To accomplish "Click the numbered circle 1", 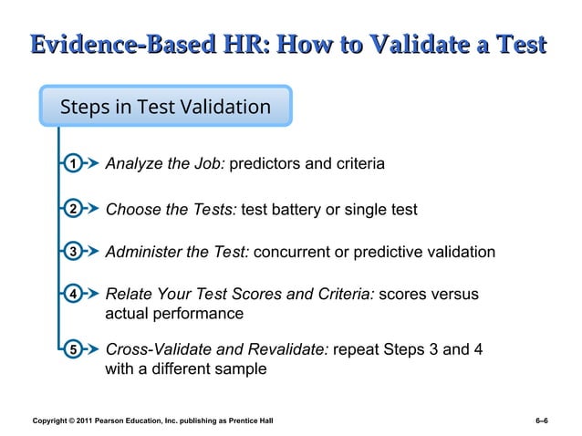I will tap(71, 164).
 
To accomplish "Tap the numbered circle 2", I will tap(71, 210).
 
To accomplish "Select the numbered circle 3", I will tap(71, 252).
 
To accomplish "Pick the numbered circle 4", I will tap(71, 295).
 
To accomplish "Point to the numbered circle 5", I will tap(71, 349).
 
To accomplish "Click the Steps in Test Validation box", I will tap(165, 107).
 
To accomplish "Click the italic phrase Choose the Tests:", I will tap(171, 210).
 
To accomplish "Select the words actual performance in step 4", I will tap(174, 314).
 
